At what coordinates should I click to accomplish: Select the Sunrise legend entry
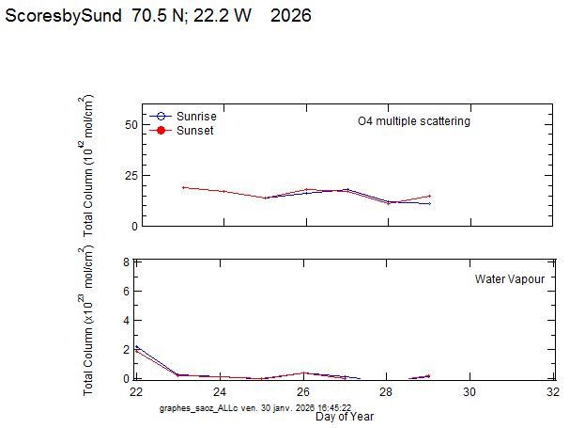pyautogui.click(x=196, y=116)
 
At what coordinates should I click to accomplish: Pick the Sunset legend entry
pyautogui.click(x=194, y=131)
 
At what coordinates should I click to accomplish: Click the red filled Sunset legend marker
pyautogui.click(x=161, y=131)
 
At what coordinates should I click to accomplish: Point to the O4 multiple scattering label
pyautogui.click(x=414, y=121)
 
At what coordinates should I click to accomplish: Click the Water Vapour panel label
pyautogui.click(x=510, y=279)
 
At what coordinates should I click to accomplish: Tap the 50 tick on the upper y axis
pyautogui.click(x=131, y=124)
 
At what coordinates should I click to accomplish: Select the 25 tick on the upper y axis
pyautogui.click(x=131, y=176)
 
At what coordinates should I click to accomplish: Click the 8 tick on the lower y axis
pyautogui.click(x=126, y=262)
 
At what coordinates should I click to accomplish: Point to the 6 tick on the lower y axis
pyautogui.click(x=126, y=292)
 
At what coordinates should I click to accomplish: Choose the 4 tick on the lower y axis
pyautogui.click(x=126, y=321)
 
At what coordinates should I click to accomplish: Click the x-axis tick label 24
pyautogui.click(x=220, y=392)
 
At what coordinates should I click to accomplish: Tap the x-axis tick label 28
pyautogui.click(x=386, y=392)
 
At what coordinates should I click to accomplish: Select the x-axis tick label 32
pyautogui.click(x=553, y=392)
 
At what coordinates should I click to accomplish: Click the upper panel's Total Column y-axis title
pyautogui.click(x=89, y=165)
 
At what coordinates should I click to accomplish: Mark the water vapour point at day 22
pyautogui.click(x=137, y=348)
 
